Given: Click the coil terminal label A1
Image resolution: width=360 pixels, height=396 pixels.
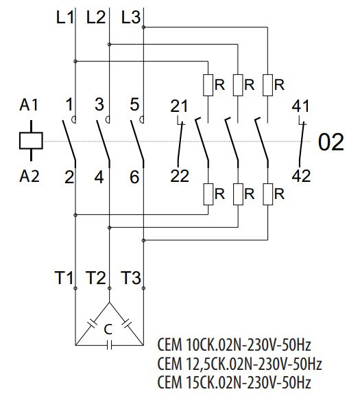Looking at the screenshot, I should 30,106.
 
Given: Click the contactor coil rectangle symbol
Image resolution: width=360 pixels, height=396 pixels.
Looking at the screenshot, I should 31,141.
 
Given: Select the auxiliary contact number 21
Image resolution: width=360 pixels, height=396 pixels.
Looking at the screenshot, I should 179,106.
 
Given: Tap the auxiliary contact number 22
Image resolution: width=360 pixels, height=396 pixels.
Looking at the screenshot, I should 180,176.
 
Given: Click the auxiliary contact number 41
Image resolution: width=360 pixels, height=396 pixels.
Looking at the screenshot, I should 301,106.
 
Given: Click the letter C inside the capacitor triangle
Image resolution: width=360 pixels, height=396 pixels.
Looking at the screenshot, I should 107,330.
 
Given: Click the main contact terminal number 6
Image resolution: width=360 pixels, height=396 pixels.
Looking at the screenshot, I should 134,177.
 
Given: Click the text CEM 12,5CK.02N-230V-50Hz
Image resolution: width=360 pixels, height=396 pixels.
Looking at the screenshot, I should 239,362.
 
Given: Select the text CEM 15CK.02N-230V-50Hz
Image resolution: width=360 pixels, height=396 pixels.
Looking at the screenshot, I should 235,382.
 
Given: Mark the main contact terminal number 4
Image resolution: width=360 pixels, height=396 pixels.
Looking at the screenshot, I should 100,177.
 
